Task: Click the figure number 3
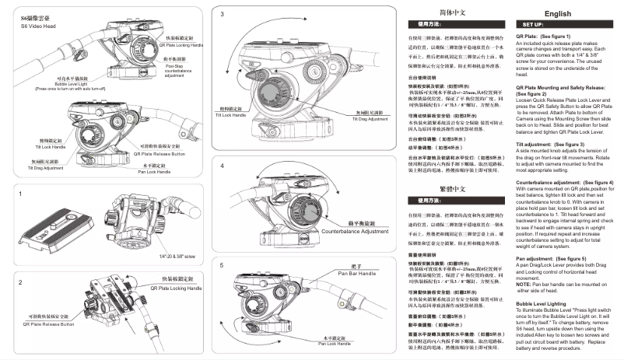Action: pos(223,14)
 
